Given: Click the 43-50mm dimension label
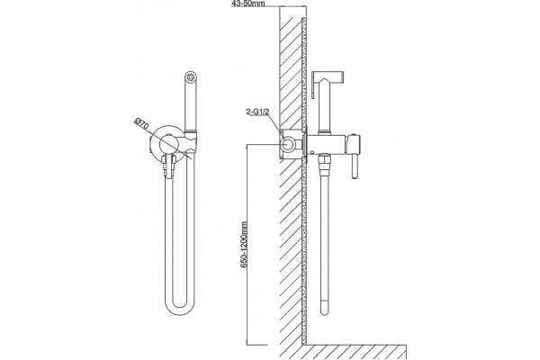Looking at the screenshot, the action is tap(249, 3).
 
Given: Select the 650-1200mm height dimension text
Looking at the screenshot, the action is tap(244, 245).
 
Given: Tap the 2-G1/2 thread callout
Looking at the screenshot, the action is tap(256, 112).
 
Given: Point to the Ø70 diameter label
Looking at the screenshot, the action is tap(141, 123).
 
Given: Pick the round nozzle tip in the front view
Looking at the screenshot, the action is tap(191, 76).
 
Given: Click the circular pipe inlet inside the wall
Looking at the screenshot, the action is tap(288, 144).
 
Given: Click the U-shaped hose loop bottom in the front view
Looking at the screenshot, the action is tap(180, 310).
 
